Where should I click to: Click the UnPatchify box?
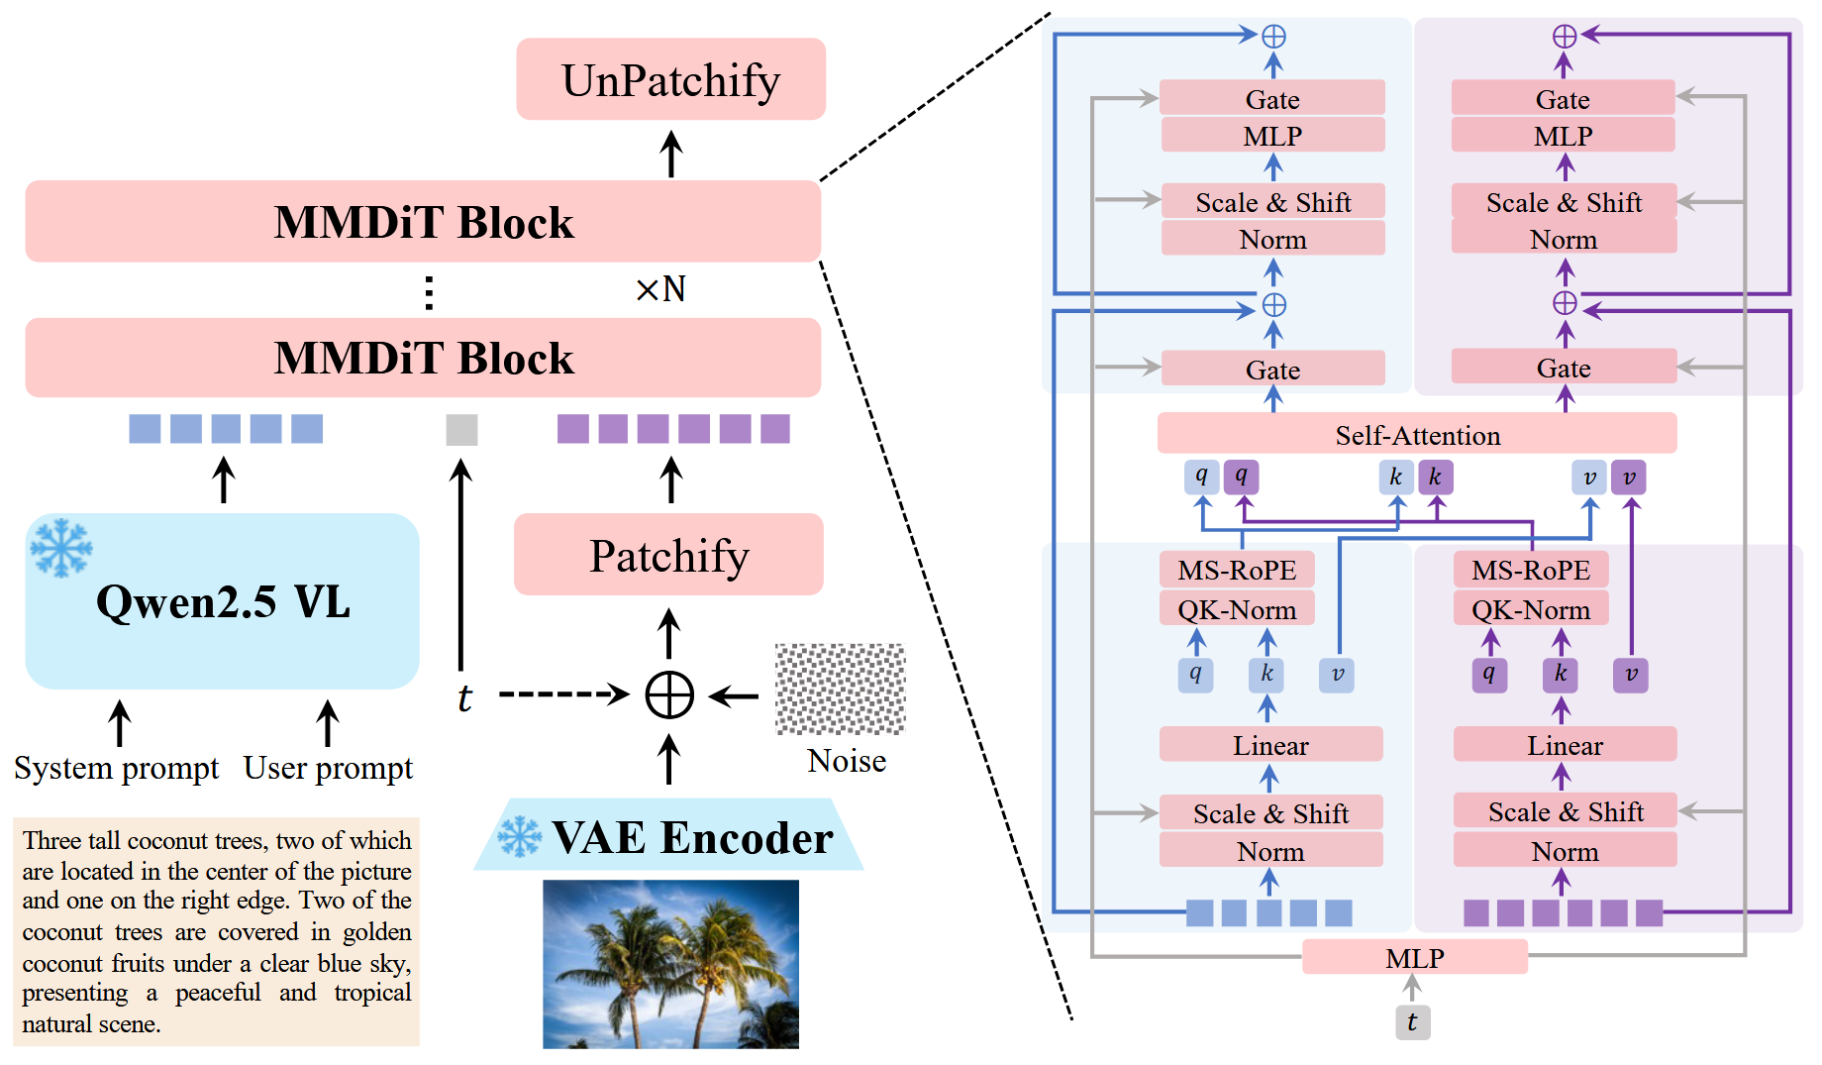tap(670, 79)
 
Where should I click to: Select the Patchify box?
tap(668, 555)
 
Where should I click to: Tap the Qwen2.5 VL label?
tap(223, 602)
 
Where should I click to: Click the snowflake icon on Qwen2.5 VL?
tap(60, 547)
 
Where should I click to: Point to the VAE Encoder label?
tap(691, 838)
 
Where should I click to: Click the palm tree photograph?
tap(670, 963)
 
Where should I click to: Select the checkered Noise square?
tap(840, 689)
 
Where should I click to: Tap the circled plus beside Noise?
tap(669, 694)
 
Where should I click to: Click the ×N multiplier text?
tap(660, 289)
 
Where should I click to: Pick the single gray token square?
tap(461, 429)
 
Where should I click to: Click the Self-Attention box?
tap(1416, 435)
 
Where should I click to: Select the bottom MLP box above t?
tap(1414, 958)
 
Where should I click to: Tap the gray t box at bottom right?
tap(1412, 1022)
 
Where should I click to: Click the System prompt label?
tap(117, 769)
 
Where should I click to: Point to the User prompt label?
tap(328, 769)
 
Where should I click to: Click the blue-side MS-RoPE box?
tap(1237, 570)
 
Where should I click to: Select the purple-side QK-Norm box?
tap(1530, 609)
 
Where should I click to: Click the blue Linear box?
tap(1270, 745)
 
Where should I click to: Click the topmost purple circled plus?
tap(1564, 37)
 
